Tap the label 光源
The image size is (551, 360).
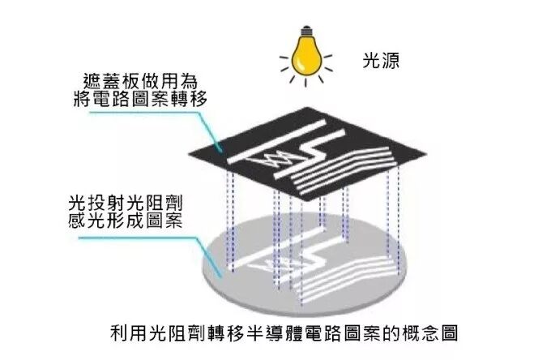380,61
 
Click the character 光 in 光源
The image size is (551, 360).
370,61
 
